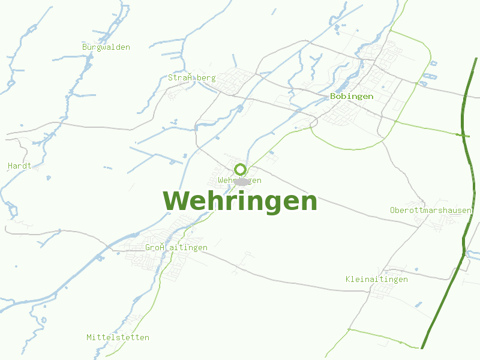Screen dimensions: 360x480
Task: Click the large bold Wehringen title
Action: coord(240,202)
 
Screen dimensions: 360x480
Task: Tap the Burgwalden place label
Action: coord(106,47)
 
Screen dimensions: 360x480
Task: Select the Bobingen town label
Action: coord(352,96)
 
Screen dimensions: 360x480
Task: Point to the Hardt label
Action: coord(19,165)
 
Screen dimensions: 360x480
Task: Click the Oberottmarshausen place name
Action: coord(431,210)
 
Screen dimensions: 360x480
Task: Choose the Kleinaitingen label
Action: coord(377,279)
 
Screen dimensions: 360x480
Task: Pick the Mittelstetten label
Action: coord(118,337)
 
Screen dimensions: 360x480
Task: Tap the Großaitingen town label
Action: coord(176,247)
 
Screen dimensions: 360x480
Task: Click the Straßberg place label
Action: coord(191,77)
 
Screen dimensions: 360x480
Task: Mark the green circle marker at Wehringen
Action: coord(240,169)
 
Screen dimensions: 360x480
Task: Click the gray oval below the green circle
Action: coord(241,181)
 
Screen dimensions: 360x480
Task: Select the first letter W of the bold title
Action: coord(175,202)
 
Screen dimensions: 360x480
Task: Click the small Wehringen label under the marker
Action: coord(240,180)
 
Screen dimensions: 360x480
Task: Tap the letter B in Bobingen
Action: coord(333,96)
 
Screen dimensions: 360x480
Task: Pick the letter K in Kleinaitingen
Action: coord(349,279)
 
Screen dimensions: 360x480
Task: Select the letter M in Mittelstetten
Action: coord(89,337)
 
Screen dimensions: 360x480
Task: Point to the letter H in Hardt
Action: coord(10,165)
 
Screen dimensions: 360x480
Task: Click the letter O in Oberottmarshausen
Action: coord(392,210)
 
